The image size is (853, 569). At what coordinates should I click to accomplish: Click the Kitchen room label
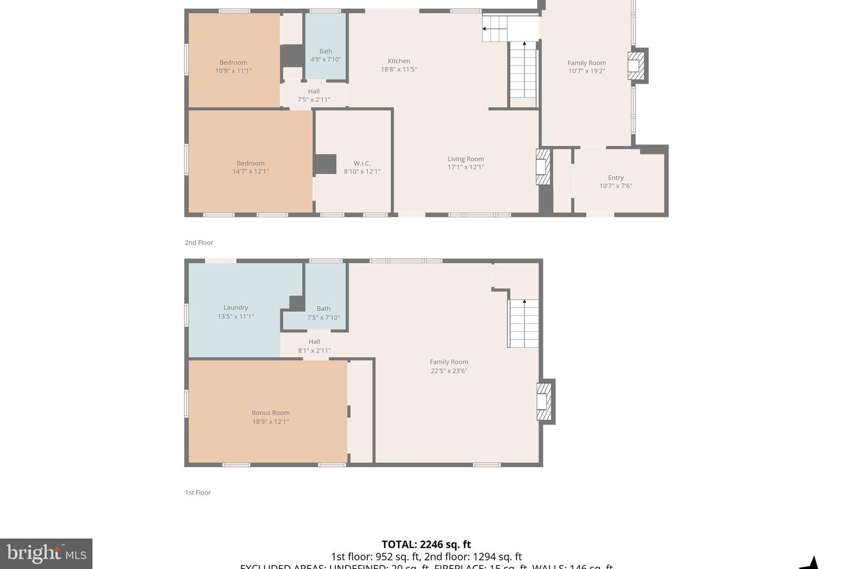tap(399, 61)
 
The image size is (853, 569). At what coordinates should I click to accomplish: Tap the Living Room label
tap(466, 159)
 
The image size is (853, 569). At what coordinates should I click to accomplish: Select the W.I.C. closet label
tap(362, 164)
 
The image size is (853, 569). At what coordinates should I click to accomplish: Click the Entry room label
tap(615, 178)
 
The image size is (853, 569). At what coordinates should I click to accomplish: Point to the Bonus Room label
tap(270, 413)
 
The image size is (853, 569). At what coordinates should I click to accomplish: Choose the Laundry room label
tap(236, 308)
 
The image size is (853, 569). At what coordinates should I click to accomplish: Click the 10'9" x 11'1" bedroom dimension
tap(233, 71)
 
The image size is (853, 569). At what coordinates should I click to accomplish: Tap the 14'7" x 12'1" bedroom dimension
tap(251, 172)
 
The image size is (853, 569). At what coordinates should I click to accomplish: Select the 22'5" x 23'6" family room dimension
tap(449, 371)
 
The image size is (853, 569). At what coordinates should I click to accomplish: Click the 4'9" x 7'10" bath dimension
tap(326, 59)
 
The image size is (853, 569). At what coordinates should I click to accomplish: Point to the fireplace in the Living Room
tap(543, 167)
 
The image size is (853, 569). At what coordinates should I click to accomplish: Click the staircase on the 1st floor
tap(524, 324)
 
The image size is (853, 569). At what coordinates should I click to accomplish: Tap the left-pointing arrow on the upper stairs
tap(485, 28)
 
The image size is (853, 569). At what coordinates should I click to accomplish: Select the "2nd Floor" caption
tap(199, 242)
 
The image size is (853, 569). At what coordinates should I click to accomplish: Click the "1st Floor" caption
tap(198, 493)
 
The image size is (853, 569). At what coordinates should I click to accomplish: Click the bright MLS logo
tap(46, 554)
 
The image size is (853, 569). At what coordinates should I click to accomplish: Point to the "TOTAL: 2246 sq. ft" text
tap(426, 544)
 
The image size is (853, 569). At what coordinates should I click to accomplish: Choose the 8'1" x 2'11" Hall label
tap(314, 350)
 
